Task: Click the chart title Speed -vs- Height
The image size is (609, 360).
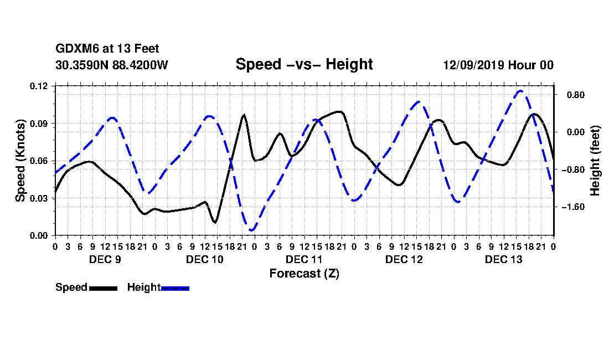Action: point(304,64)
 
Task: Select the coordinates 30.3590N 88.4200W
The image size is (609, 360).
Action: point(111,65)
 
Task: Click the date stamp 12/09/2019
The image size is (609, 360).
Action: point(474,65)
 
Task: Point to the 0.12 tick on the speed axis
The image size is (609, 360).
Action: point(39,86)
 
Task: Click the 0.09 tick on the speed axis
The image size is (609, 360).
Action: point(39,124)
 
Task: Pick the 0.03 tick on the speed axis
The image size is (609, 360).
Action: point(39,198)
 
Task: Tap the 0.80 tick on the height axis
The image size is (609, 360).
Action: point(576,95)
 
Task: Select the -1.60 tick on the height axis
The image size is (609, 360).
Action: point(573,207)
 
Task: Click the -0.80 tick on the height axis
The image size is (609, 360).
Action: point(573,169)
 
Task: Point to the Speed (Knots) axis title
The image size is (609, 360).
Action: point(20,161)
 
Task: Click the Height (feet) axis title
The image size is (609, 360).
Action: point(595,161)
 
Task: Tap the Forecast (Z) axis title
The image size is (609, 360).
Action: point(304,274)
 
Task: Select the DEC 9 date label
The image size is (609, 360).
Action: point(105,259)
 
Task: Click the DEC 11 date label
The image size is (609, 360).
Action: point(304,259)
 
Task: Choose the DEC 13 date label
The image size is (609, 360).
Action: point(504,259)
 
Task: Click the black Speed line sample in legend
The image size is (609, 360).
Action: point(104,288)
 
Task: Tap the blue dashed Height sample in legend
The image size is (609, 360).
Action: point(175,288)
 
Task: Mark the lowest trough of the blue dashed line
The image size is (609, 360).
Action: point(252,230)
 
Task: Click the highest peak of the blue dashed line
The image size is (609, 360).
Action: point(520,91)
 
